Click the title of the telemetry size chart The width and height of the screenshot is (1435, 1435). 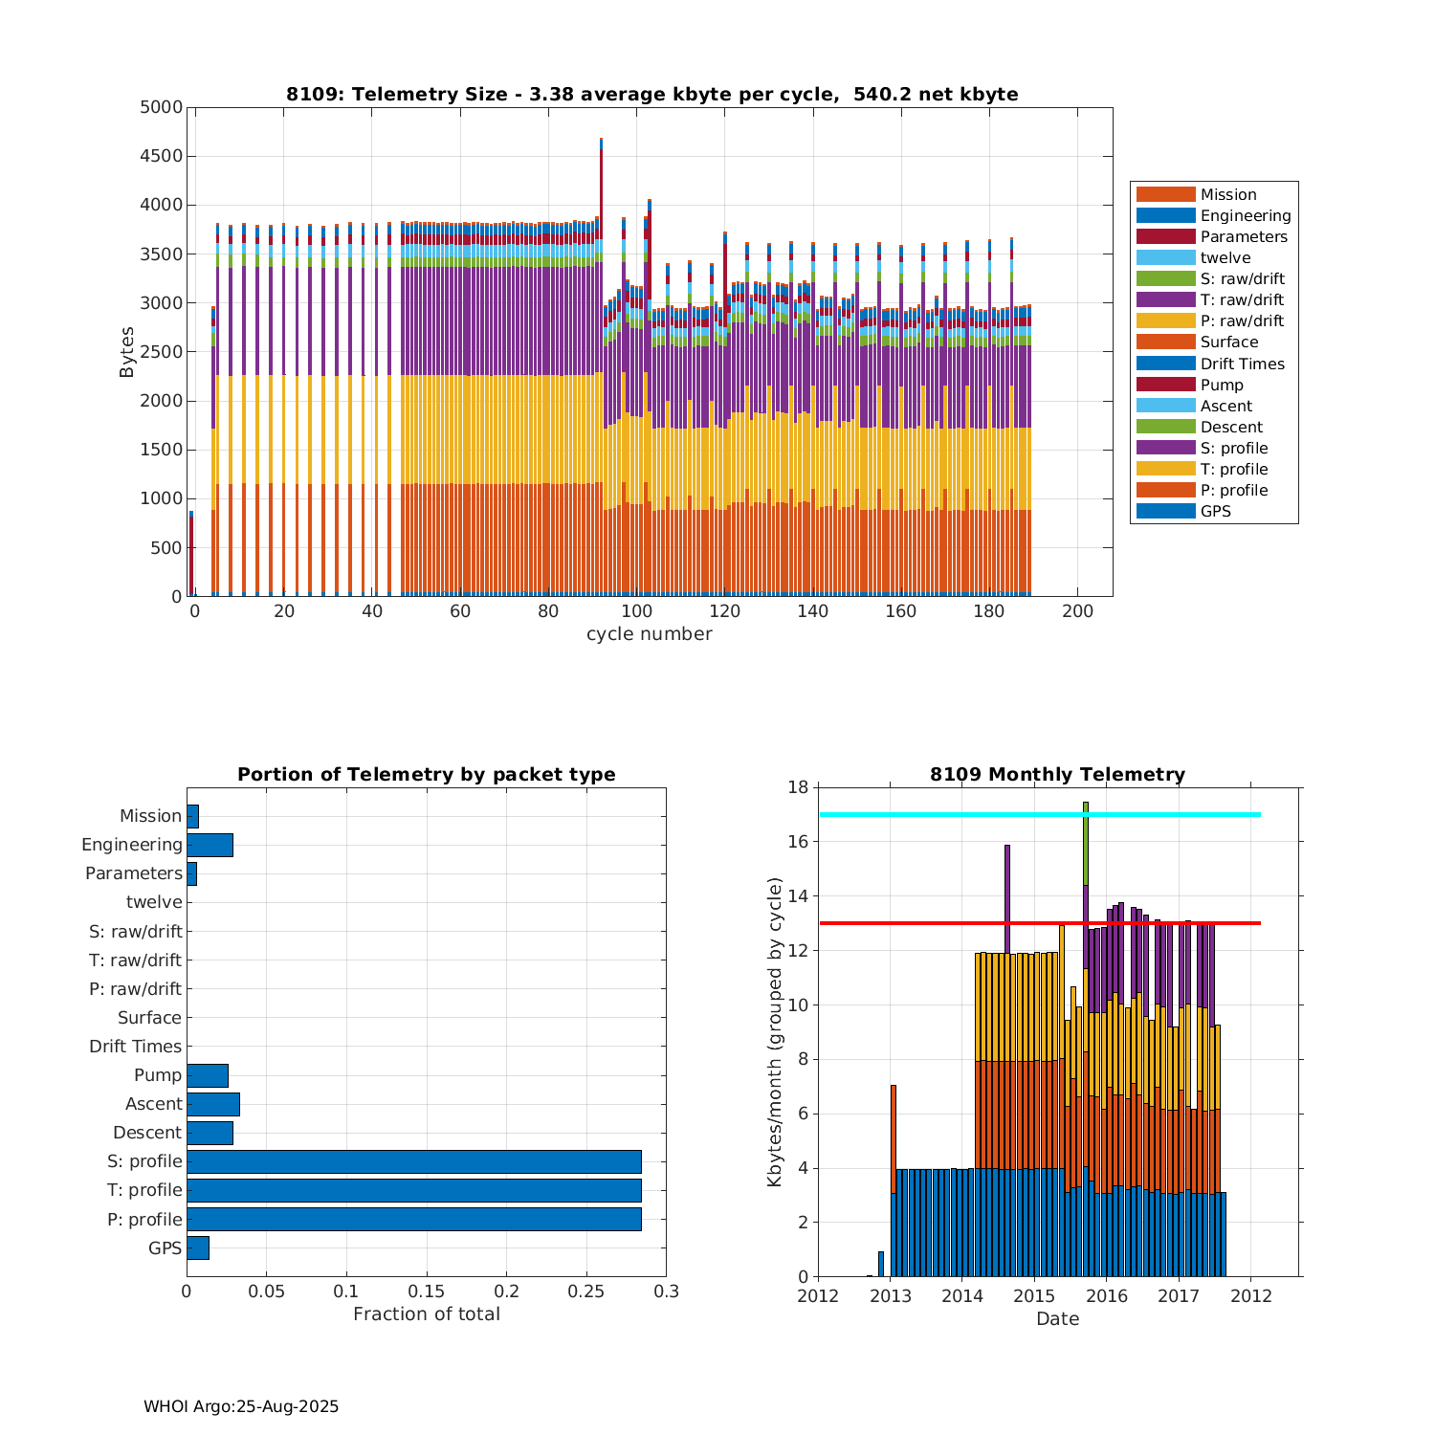coord(651,94)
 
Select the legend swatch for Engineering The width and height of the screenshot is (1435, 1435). coord(1165,216)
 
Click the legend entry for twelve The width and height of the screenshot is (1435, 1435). coord(1225,258)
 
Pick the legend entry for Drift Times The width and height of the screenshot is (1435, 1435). coord(1242,364)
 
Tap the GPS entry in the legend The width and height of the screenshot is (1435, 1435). coord(1215,512)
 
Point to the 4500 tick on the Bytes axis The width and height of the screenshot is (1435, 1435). coord(161,156)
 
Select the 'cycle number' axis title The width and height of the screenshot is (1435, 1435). coord(649,634)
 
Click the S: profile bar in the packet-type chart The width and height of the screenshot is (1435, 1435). coord(413,1161)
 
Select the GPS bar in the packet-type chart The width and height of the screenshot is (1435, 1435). coord(198,1247)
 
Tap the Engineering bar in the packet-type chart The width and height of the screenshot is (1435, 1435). coord(210,845)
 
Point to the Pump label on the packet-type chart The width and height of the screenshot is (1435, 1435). coord(158,1075)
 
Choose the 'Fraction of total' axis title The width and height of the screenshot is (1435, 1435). coord(427,1314)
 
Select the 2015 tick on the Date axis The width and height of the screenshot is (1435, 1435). coord(1034,1296)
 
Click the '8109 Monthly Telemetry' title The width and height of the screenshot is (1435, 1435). coord(1057,775)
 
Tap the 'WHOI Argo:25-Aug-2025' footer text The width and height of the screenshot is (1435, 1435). coord(241,1406)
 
